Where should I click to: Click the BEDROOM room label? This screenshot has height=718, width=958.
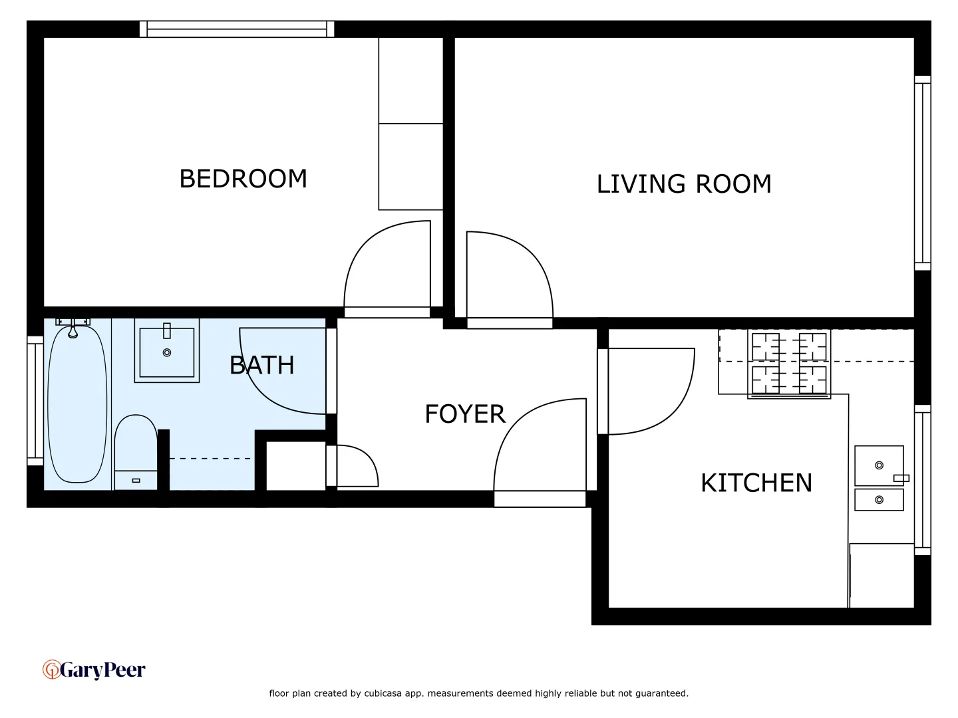pyautogui.click(x=243, y=179)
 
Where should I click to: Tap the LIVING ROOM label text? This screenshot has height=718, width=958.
pyautogui.click(x=684, y=184)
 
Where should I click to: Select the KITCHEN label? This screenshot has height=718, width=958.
pyautogui.click(x=756, y=483)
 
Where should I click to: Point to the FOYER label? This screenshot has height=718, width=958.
pyautogui.click(x=465, y=414)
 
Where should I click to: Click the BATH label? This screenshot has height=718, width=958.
pyautogui.click(x=261, y=365)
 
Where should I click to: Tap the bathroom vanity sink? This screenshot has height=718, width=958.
pyautogui.click(x=167, y=350)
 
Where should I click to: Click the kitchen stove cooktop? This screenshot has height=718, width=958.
pyautogui.click(x=789, y=364)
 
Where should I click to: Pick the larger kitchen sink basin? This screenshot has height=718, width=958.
pyautogui.click(x=879, y=465)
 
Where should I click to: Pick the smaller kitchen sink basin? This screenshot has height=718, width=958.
pyautogui.click(x=879, y=500)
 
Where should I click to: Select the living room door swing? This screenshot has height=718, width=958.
pyautogui.click(x=509, y=276)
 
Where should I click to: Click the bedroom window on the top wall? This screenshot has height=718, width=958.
pyautogui.click(x=237, y=29)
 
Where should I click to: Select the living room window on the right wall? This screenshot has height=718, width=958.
pyautogui.click(x=922, y=173)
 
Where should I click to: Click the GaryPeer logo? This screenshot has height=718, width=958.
pyautogui.click(x=94, y=669)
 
